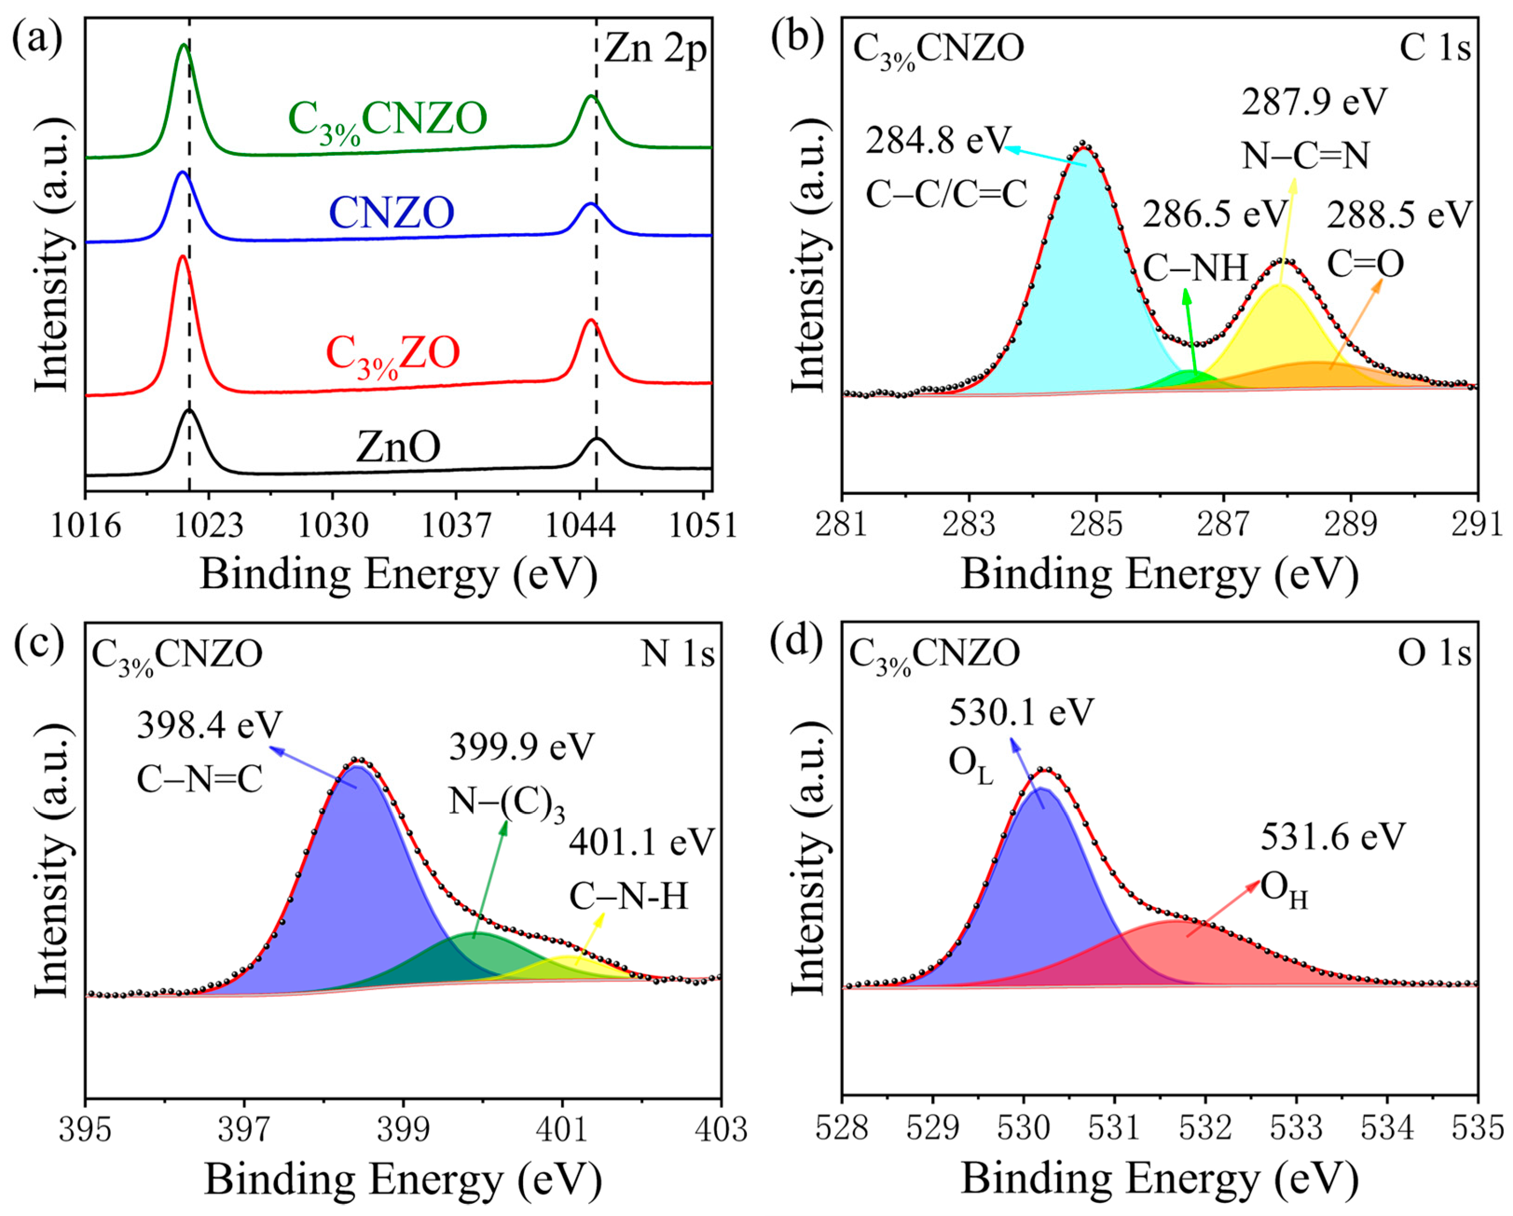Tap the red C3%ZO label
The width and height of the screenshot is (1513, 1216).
[x=393, y=353]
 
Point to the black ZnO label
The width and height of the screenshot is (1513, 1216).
[x=398, y=446]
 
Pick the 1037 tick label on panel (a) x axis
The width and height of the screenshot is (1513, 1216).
[x=456, y=525]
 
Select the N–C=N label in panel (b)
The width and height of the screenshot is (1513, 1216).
[x=1305, y=156]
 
